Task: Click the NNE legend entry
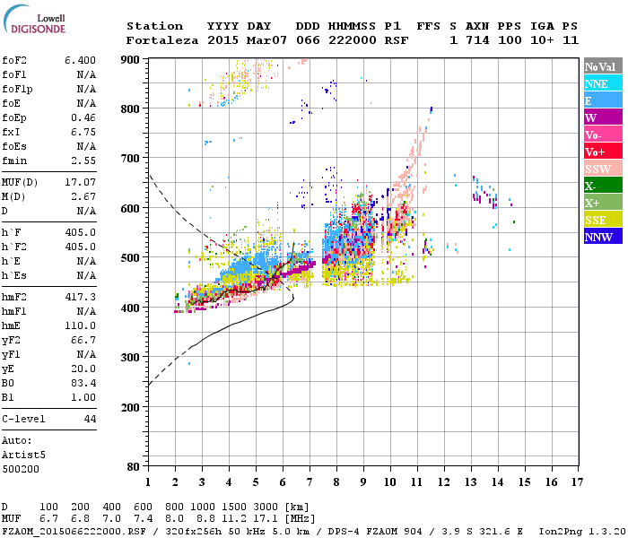[604, 83]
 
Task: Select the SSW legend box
[604, 169]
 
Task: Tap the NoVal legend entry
[604, 66]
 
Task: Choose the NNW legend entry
[604, 237]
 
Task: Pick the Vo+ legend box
[604, 152]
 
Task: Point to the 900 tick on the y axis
[131, 59]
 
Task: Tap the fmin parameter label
[16, 161]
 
